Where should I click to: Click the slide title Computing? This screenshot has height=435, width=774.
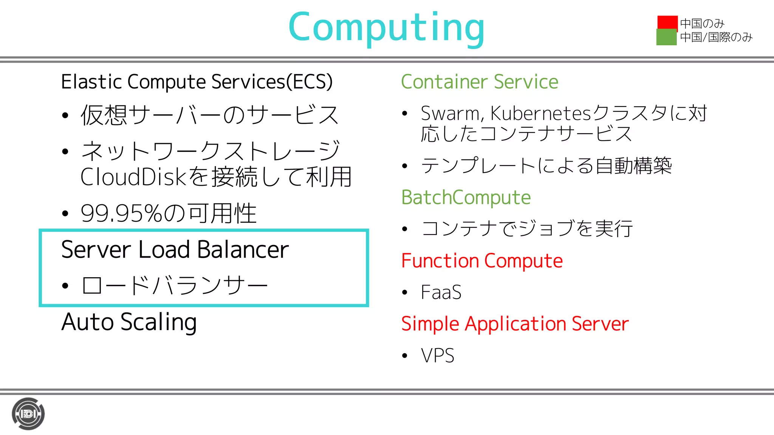(386, 27)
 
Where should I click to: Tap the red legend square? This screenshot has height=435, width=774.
(667, 22)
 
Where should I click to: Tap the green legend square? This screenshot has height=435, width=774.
(666, 37)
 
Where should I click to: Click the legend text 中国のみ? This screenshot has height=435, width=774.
(702, 24)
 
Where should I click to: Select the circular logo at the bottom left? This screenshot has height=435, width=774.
(28, 414)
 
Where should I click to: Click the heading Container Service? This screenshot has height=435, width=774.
(479, 82)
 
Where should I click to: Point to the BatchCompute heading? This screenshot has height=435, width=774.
(466, 197)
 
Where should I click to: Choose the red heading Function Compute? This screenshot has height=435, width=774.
(482, 261)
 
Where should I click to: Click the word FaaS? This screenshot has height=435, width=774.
(441, 292)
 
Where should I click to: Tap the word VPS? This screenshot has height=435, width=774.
(438, 356)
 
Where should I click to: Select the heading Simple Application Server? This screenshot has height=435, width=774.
(515, 324)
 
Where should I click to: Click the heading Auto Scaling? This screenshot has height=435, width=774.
(129, 322)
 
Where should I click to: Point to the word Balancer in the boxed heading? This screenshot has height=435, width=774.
(243, 250)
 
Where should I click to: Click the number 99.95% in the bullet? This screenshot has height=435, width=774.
(121, 214)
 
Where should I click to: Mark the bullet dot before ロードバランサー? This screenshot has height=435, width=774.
(65, 286)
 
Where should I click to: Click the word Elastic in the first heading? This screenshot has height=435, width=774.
(91, 82)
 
